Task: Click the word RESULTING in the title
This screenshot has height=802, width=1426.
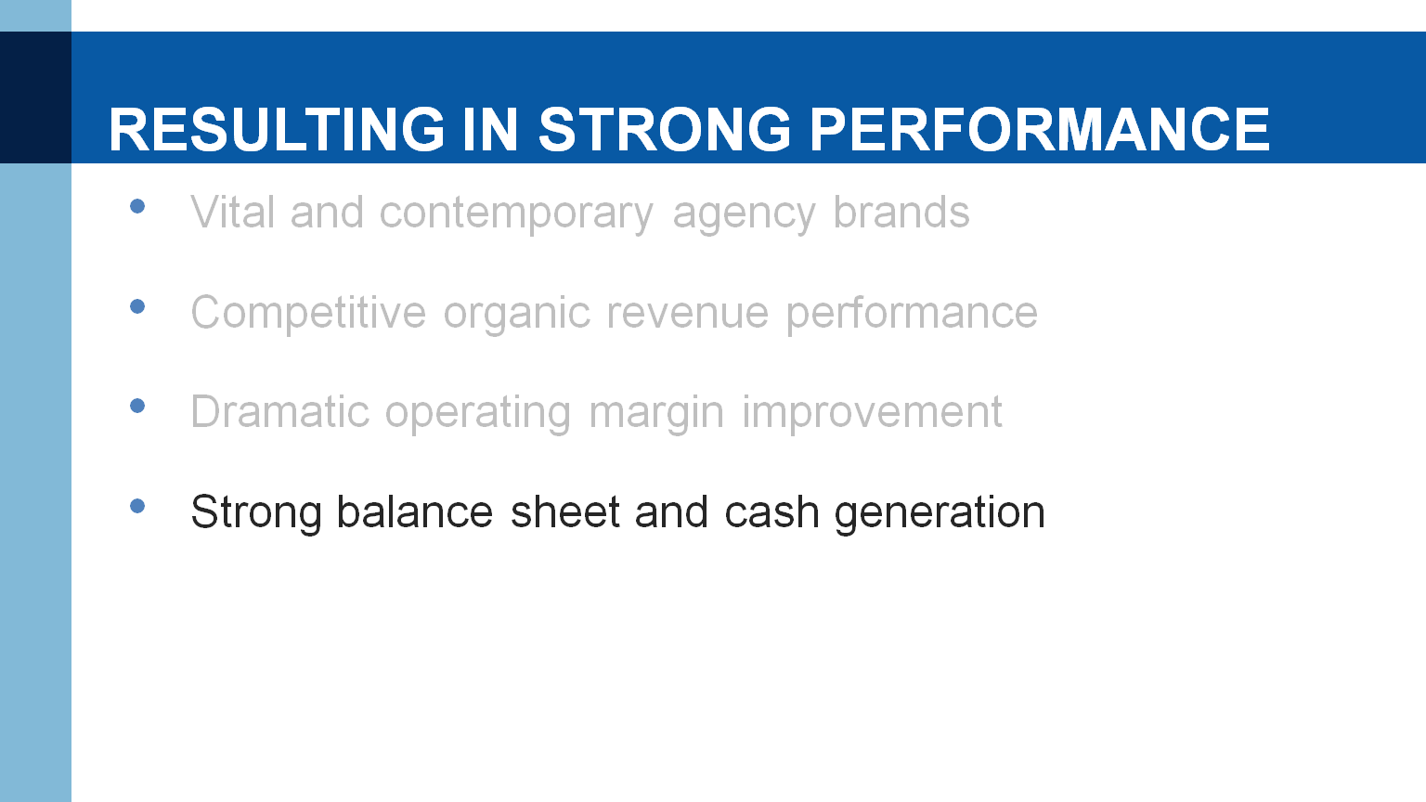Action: coord(277,129)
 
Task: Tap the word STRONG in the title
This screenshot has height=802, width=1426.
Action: coord(666,129)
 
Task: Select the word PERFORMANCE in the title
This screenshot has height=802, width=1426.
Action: coord(1040,129)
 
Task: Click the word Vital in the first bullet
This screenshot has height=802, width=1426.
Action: coord(233,212)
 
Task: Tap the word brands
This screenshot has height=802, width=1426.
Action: coord(901,212)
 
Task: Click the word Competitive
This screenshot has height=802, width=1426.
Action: coord(309,313)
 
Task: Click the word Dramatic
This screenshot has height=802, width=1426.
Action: coord(280,412)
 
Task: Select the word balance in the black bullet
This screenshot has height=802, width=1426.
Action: coord(414,511)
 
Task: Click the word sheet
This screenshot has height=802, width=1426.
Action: coord(564,511)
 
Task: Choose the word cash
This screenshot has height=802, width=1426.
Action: coord(771,511)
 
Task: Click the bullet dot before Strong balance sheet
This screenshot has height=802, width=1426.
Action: coord(137,506)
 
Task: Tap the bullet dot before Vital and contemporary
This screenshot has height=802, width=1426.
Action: coord(137,206)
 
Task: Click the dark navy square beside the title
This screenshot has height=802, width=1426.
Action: coord(35,97)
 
